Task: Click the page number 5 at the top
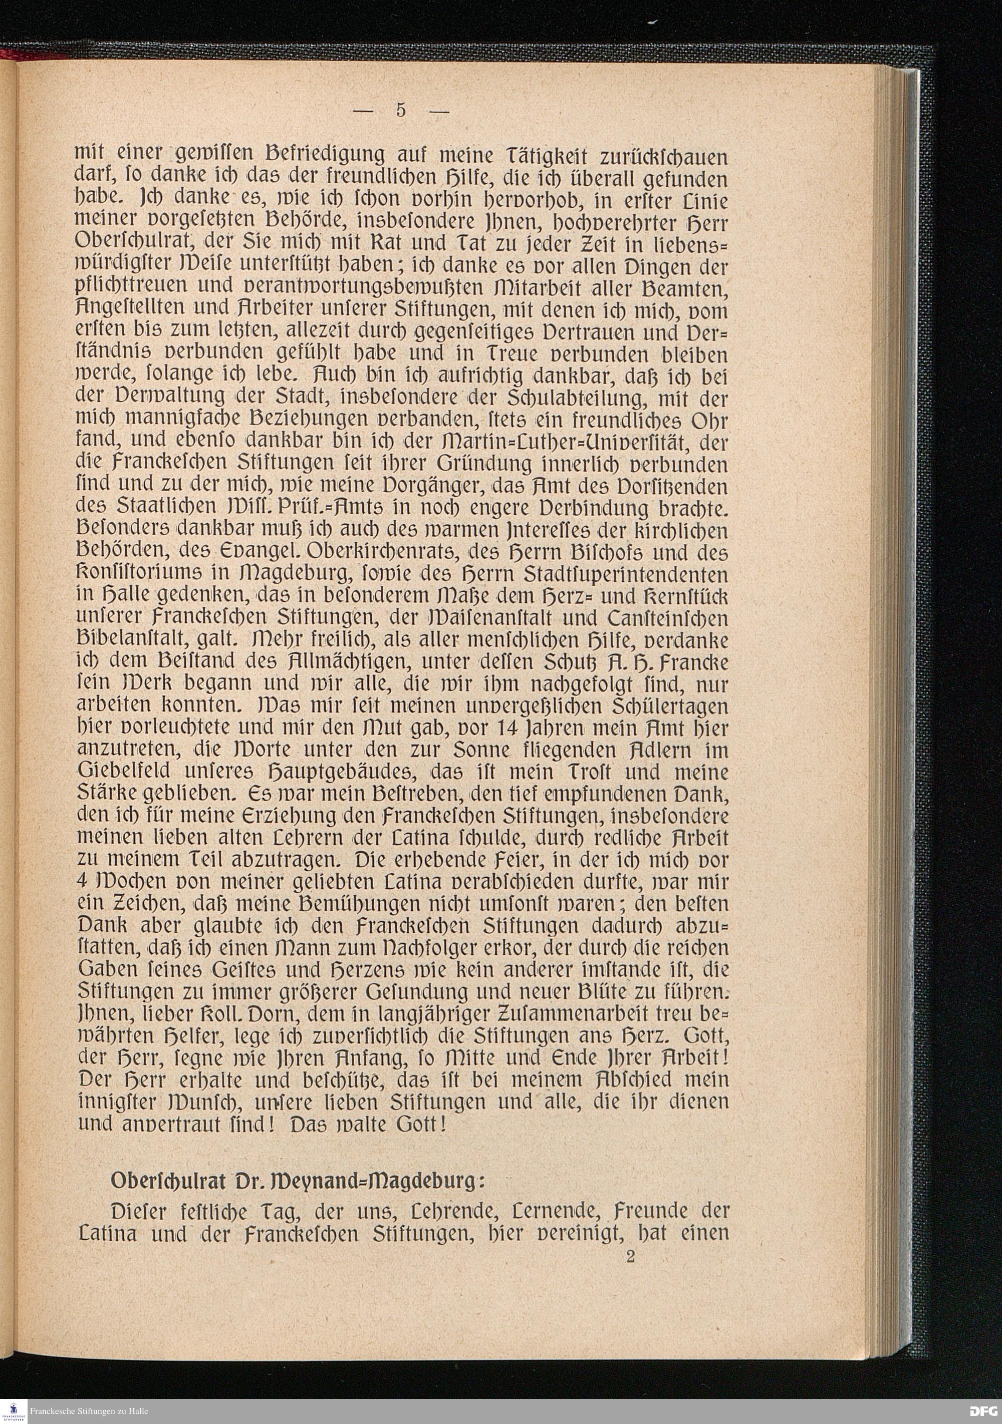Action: click(x=400, y=110)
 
